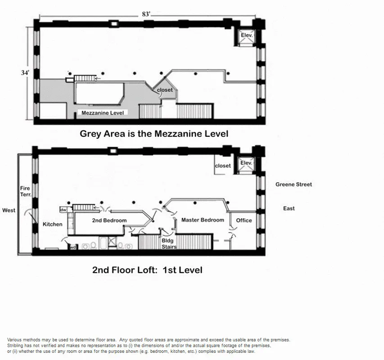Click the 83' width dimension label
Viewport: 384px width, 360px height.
coord(146,14)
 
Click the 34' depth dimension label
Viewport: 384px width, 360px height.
coord(25,73)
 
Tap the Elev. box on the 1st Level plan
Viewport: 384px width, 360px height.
coord(246,163)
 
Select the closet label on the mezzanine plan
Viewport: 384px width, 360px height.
coord(165,90)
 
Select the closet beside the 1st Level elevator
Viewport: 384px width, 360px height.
coord(223,166)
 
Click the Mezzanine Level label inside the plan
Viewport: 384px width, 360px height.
coord(102,113)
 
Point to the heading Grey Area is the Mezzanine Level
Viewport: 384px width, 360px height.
coord(154,134)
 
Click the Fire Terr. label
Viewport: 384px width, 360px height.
coord(25,192)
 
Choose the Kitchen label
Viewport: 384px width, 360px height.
coord(53,224)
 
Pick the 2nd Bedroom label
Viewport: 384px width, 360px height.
coord(109,220)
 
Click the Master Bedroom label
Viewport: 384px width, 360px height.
coord(203,220)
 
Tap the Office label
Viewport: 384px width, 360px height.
coord(244,220)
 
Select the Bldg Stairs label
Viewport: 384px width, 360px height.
coord(169,244)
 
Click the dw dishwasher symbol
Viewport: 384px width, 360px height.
coord(63,209)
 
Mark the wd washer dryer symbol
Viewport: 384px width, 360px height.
coord(72,246)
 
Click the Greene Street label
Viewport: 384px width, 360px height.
coord(294,184)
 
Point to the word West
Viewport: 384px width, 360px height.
coord(9,210)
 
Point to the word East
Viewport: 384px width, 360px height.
coord(289,208)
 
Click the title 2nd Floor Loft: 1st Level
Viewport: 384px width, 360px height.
coord(147,270)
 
